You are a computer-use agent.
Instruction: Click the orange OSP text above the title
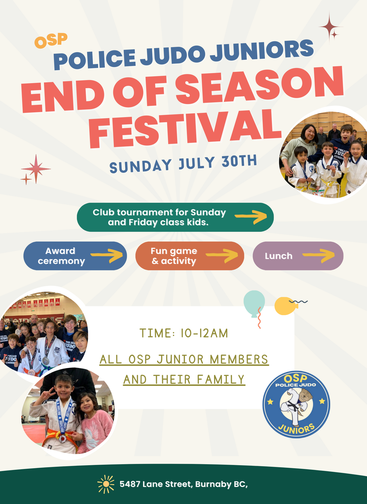click(x=51, y=41)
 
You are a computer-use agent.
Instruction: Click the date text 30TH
click(x=239, y=161)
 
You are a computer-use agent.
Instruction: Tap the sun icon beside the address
click(x=106, y=484)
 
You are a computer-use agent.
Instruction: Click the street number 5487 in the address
click(x=130, y=484)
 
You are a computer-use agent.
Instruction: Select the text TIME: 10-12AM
click(x=184, y=333)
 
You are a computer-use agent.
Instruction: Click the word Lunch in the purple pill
click(x=279, y=256)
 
